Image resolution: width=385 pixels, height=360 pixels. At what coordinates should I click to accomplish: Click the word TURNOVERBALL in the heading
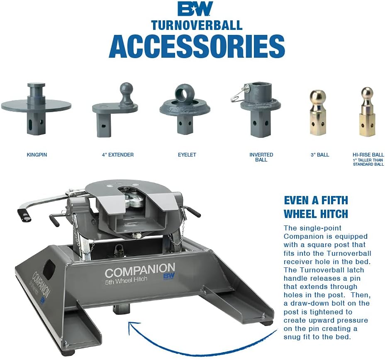pyautogui.click(x=197, y=25)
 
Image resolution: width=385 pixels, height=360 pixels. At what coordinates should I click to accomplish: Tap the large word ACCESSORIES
pyautogui.click(x=197, y=46)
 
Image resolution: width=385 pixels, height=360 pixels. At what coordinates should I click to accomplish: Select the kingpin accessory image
pyautogui.click(x=36, y=109)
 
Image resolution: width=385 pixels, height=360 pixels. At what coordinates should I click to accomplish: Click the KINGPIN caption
pyautogui.click(x=37, y=155)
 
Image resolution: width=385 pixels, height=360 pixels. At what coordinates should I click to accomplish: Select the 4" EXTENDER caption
pyautogui.click(x=118, y=155)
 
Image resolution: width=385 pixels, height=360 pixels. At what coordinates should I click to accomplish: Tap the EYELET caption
pyautogui.click(x=187, y=155)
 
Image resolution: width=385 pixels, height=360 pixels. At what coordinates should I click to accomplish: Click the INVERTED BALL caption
pyautogui.click(x=261, y=157)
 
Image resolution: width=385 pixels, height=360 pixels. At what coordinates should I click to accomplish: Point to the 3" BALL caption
pyautogui.click(x=320, y=155)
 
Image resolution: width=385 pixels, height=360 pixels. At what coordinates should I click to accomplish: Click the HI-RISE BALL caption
pyautogui.click(x=368, y=155)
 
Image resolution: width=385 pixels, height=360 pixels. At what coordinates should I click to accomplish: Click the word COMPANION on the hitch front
pyautogui.click(x=140, y=269)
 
